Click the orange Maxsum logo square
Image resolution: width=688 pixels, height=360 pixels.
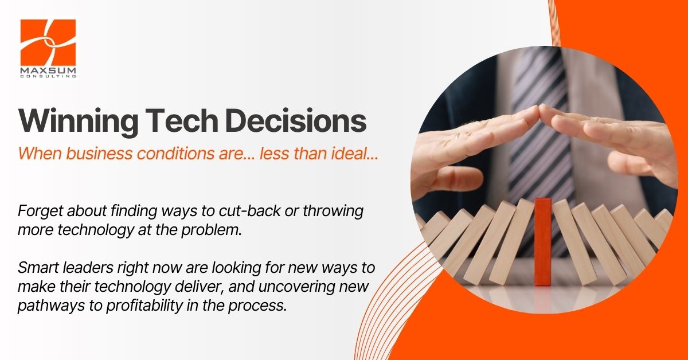coord(48,42)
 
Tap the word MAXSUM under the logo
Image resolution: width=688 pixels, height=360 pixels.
coord(48,71)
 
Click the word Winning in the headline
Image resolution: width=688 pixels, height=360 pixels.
coord(79,122)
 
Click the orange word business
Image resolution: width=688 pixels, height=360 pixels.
coord(99,153)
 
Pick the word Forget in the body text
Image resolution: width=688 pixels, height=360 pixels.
coord(40,211)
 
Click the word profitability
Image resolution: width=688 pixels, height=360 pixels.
coord(144,306)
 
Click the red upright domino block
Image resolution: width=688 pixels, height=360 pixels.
coord(543,242)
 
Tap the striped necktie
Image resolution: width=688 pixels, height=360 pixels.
coord(540,147)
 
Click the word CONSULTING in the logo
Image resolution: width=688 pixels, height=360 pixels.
coord(48,76)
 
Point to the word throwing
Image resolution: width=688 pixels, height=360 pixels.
coord(333,212)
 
